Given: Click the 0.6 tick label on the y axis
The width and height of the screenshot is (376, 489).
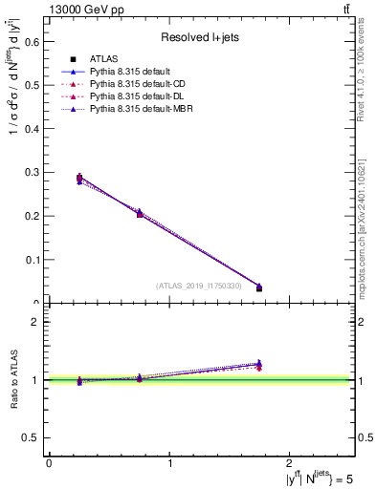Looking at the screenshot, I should coord(32,41).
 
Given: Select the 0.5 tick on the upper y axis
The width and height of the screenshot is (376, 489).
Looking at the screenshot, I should coord(32,85).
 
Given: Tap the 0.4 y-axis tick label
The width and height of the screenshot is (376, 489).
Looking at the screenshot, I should coord(32,129).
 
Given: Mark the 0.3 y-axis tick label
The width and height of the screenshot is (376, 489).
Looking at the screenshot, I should coord(32,172).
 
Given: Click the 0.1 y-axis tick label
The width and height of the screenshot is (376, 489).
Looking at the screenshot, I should coord(32,260).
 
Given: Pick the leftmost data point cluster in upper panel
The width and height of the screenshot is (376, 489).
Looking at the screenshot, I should coord(79,178).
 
